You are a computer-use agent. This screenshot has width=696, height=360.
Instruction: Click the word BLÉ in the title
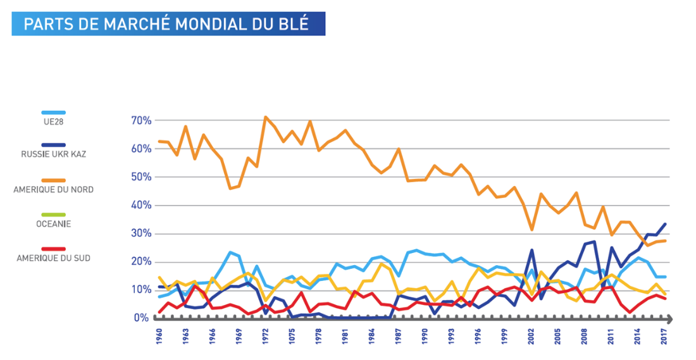(292, 24)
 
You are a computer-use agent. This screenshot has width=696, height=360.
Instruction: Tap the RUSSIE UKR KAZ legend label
(53, 153)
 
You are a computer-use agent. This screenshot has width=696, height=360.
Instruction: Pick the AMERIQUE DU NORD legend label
(53, 189)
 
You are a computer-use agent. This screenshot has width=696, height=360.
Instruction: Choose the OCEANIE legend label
(53, 223)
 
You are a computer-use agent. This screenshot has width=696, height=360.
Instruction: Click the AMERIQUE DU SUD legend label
(53, 258)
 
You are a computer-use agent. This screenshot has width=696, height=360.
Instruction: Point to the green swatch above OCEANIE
(53, 215)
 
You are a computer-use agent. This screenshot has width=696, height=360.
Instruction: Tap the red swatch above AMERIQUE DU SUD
(53, 249)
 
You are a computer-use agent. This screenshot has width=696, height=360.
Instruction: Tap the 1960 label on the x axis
(159, 336)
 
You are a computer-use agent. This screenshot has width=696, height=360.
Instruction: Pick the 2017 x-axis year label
(664, 336)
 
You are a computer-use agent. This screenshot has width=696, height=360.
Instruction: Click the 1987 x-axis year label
(398, 336)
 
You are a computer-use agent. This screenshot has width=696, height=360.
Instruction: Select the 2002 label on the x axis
(531, 336)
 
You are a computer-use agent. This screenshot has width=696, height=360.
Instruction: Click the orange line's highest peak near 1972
(266, 117)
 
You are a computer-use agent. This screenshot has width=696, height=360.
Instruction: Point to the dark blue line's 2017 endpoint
(664, 224)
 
